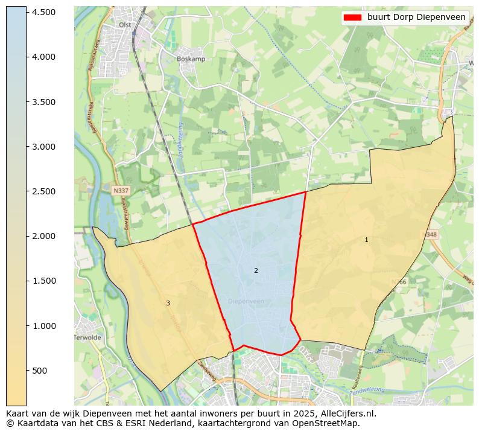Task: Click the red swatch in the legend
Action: [x=352, y=17]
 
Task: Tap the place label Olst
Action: [x=125, y=25]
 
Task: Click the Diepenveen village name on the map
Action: [x=246, y=301]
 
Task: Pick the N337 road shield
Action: [x=121, y=190]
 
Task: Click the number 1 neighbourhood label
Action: [x=366, y=240]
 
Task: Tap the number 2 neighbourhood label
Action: [x=256, y=270]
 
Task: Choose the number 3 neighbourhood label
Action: [x=168, y=303]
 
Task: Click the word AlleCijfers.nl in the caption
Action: [x=346, y=414]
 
